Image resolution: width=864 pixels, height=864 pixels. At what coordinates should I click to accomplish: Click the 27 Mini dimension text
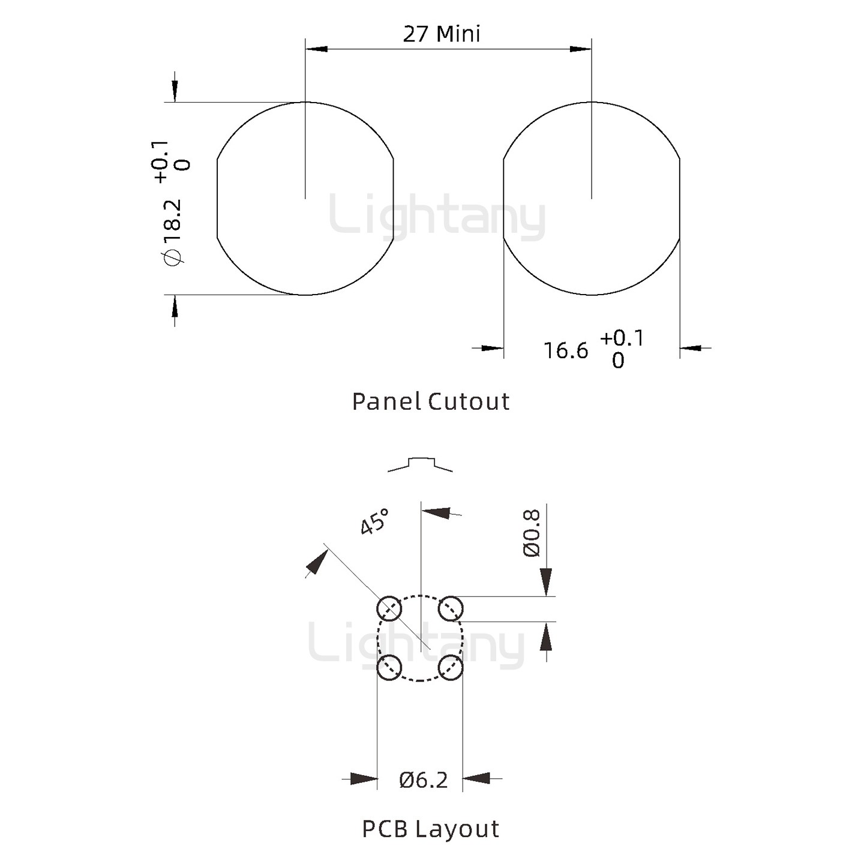(442, 34)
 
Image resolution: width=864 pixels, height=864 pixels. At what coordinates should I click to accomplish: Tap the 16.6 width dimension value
(566, 350)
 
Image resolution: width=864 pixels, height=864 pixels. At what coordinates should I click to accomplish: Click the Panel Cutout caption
(431, 401)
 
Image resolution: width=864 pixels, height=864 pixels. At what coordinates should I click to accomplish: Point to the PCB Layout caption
(430, 829)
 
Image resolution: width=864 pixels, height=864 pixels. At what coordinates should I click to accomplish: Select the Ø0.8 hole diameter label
(532, 533)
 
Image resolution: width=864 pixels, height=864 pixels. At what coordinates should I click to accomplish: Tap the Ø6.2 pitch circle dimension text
(424, 780)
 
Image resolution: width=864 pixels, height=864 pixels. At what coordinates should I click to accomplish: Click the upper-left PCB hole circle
(389, 609)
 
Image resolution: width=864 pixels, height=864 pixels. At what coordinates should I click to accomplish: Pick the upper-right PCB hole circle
(450, 609)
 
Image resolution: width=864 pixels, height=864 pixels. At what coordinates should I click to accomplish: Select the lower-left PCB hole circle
(389, 667)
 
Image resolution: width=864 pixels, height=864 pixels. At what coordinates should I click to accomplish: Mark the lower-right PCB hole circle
(450, 667)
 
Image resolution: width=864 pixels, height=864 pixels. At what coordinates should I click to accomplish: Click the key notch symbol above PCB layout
(420, 464)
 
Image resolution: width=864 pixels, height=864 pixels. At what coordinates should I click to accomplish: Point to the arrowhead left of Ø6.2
(364, 779)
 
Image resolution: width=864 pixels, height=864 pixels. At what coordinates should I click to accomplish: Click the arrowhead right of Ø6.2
(477, 779)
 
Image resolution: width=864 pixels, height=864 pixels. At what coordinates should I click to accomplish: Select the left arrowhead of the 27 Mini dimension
(316, 49)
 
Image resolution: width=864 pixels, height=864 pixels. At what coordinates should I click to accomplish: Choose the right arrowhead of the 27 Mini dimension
(581, 49)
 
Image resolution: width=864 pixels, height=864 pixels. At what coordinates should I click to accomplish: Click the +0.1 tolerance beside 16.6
(622, 338)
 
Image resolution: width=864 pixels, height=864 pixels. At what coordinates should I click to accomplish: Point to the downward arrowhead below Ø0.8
(546, 582)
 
